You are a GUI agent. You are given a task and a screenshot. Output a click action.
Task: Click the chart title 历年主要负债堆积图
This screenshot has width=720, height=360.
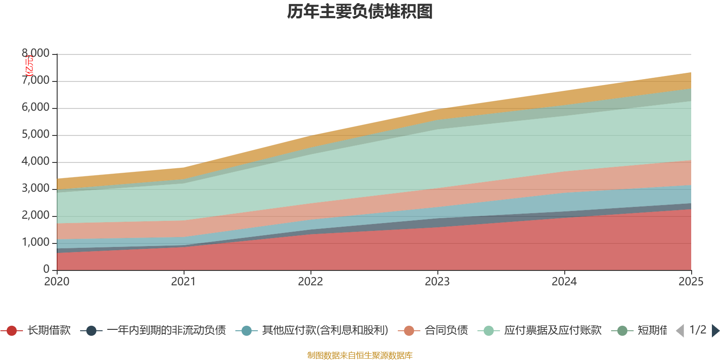(x=360, y=12)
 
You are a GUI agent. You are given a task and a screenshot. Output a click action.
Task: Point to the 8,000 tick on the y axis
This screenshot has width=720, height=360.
(x=36, y=54)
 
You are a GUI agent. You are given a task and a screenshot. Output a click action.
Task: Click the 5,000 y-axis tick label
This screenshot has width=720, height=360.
(x=36, y=135)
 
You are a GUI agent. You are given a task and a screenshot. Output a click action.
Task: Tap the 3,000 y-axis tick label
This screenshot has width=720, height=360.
(x=36, y=189)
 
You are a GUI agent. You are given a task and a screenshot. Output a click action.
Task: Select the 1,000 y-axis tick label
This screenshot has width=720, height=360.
(x=36, y=243)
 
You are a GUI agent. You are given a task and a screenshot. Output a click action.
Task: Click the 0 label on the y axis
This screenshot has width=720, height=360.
(x=46, y=269)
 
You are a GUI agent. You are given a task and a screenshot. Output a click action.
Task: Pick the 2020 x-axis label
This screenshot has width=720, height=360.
(x=57, y=282)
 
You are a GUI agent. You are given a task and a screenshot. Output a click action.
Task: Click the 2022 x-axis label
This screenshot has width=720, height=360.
(x=310, y=282)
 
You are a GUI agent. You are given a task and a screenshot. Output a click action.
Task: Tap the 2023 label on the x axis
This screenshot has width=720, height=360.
(x=437, y=282)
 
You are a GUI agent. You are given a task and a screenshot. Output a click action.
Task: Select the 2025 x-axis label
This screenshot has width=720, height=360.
(x=691, y=282)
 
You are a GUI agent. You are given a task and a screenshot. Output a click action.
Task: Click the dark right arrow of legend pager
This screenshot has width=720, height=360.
(x=715, y=331)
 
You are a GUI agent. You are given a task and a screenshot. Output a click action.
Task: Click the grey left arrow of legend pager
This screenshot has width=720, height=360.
(x=680, y=331)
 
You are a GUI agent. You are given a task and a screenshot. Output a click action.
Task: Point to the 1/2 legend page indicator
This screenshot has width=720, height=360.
(x=698, y=330)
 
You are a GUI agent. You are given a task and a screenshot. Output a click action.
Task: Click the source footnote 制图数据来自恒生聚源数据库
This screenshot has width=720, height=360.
(x=360, y=355)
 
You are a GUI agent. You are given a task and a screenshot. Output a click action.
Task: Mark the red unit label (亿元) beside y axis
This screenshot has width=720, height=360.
(x=29, y=66)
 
